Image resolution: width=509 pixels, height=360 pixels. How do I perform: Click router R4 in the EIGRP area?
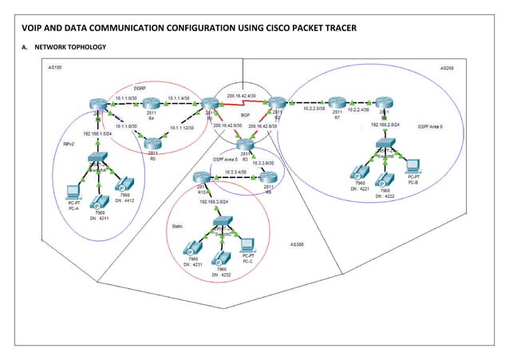tap(151, 104)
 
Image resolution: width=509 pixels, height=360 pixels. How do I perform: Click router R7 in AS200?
tap(337, 103)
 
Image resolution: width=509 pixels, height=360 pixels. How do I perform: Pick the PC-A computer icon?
tap(73, 192)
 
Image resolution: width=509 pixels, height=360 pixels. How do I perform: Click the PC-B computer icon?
tap(412, 166)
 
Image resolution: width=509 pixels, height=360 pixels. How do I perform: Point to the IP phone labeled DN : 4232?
tap(221, 257)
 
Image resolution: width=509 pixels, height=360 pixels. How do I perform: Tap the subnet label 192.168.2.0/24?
tap(383, 125)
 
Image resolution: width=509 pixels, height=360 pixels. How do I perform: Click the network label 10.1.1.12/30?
tap(184, 127)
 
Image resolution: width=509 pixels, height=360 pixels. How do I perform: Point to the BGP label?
tap(246, 115)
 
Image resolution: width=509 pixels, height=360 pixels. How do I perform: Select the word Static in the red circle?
tap(178, 226)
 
